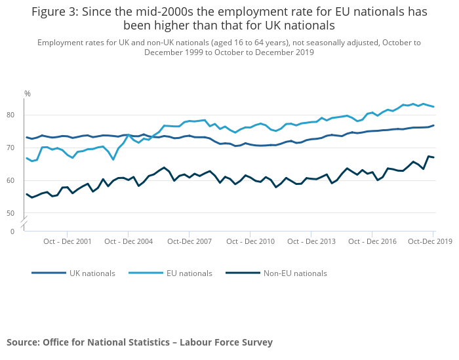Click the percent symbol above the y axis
28,94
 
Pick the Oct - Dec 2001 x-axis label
68,241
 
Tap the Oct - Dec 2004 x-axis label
129,241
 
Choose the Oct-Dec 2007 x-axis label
189,241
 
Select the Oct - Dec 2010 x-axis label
250,241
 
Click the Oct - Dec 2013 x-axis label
311,241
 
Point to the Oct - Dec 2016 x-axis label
372,241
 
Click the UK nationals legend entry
92,273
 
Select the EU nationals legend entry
190,273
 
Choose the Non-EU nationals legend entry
294,273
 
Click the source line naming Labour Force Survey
140,342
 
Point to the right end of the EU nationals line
433,107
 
